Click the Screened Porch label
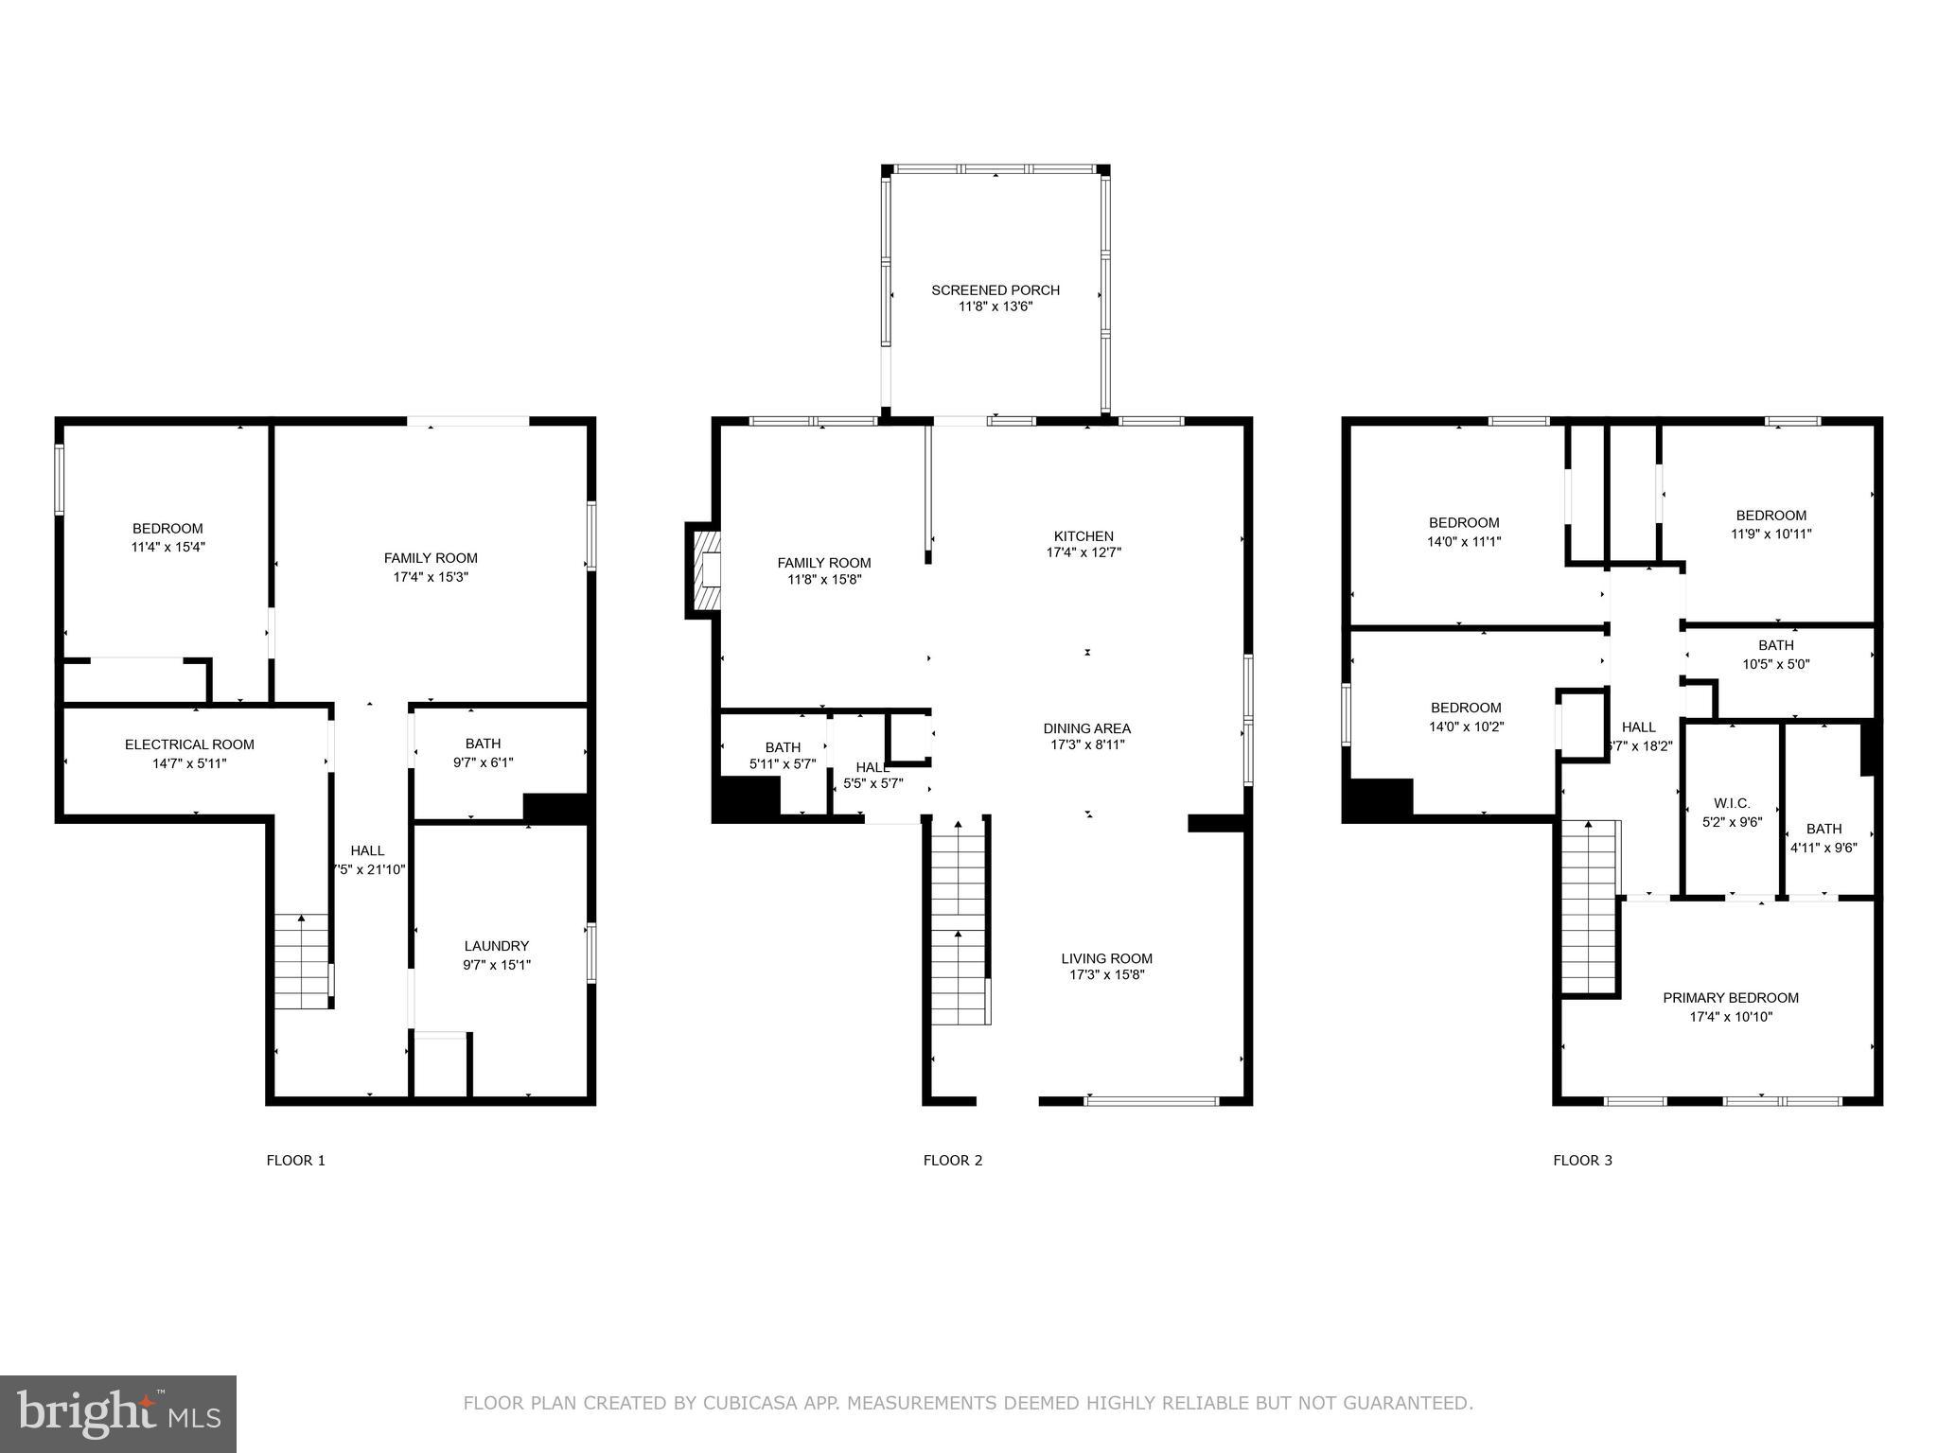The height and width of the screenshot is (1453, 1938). pyautogui.click(x=995, y=290)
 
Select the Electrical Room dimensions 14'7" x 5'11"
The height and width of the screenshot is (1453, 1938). pyautogui.click(x=189, y=763)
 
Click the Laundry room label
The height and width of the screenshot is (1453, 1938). pyautogui.click(x=496, y=946)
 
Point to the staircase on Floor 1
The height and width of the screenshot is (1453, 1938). pyautogui.click(x=302, y=961)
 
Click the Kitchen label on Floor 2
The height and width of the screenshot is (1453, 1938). pyautogui.click(x=1084, y=535)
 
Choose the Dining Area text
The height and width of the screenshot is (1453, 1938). pyautogui.click(x=1086, y=728)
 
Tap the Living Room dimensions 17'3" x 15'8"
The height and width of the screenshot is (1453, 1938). pyautogui.click(x=1106, y=975)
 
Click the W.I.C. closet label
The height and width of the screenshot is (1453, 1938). pyautogui.click(x=1732, y=803)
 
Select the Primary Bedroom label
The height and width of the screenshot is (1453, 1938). pyautogui.click(x=1730, y=998)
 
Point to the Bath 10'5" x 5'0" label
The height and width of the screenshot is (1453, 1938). pyautogui.click(x=1775, y=655)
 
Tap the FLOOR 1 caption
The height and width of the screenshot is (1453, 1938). pyautogui.click(x=295, y=1161)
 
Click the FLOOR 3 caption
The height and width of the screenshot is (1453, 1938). pyautogui.click(x=1582, y=1161)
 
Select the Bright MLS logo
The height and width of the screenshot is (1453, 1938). pyautogui.click(x=118, y=1413)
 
